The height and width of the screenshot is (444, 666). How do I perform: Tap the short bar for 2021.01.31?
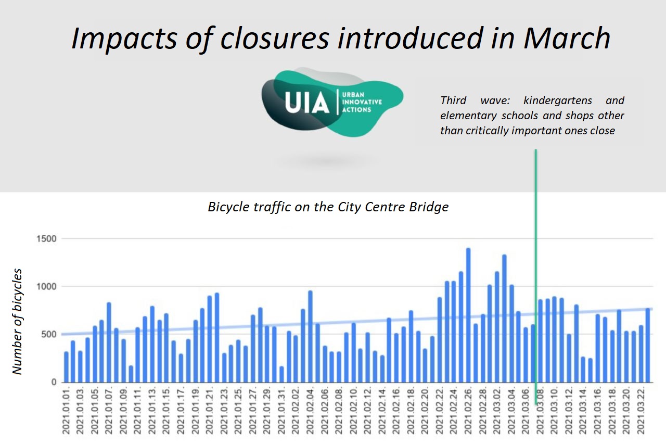tap(281, 374)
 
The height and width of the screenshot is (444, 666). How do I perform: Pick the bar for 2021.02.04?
tap(310, 336)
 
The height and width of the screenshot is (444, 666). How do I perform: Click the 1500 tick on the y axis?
tap(46, 239)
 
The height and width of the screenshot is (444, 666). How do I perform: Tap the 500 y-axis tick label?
tap(49, 334)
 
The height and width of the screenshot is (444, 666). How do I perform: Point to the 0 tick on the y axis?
tap(53, 382)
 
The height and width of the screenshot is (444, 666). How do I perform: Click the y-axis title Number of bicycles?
tap(18, 321)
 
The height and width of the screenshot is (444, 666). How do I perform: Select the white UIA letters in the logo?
tap(307, 103)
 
